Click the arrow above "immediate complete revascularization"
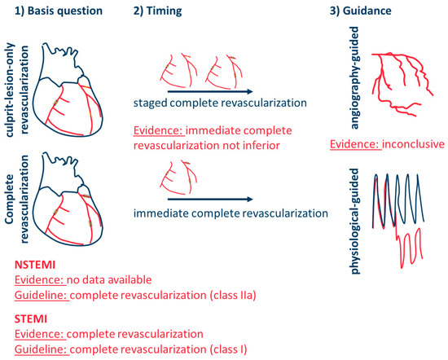(x=207, y=196)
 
